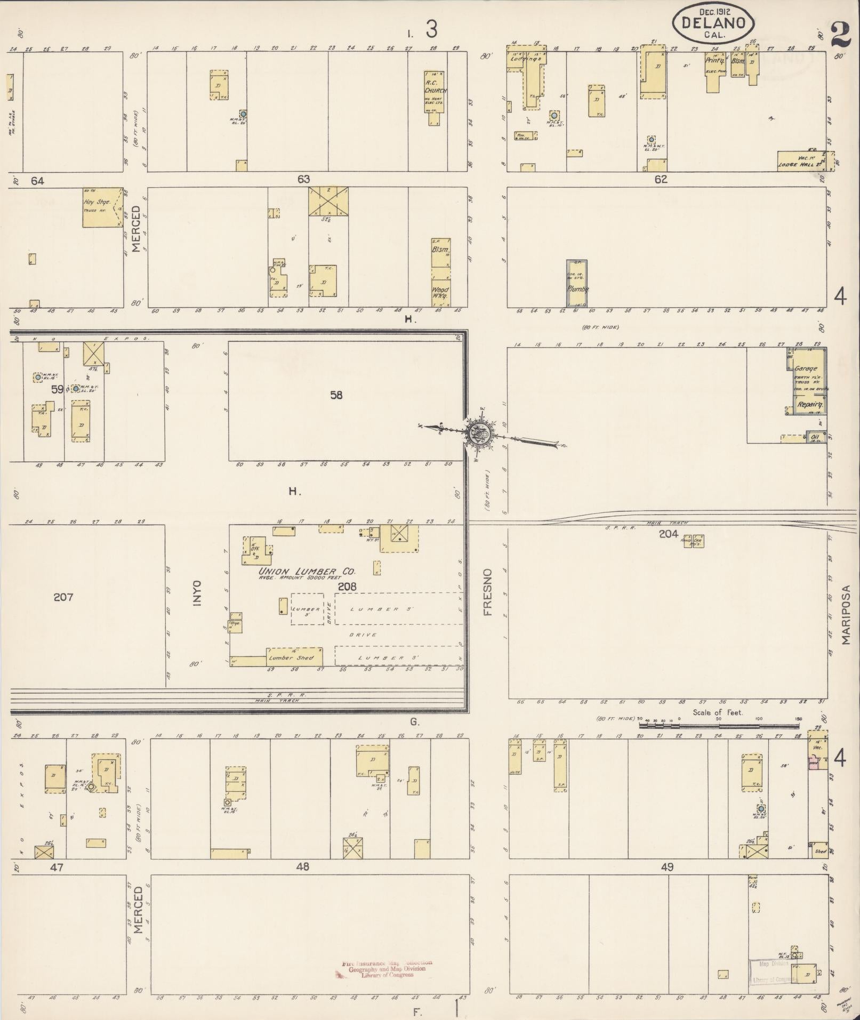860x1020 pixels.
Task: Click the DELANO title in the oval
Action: point(713,23)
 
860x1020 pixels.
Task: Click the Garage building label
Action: point(806,368)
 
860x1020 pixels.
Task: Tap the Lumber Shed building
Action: point(294,657)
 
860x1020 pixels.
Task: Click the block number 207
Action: point(63,597)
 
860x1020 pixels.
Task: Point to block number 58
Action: point(336,396)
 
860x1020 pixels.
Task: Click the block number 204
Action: point(668,534)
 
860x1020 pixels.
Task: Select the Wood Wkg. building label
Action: point(441,293)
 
